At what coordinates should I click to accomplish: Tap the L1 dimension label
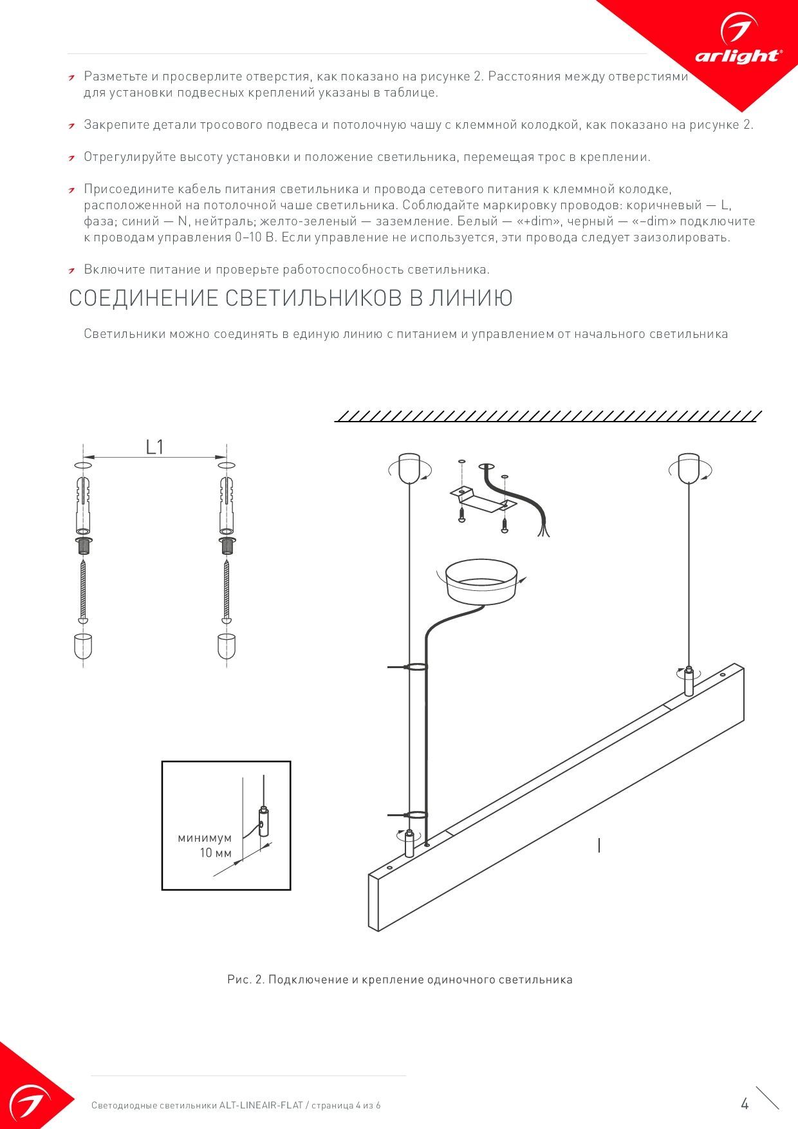coord(154,447)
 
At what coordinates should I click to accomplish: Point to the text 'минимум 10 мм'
coord(205,845)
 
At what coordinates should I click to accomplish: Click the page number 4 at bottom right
coord(745,1105)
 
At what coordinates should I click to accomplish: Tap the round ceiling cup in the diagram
coord(482,581)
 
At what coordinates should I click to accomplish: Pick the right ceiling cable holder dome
coord(688,468)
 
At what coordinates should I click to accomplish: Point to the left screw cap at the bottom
coord(83,646)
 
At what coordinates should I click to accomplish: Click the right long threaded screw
coord(227,590)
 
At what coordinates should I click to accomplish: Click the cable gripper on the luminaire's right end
coord(689,682)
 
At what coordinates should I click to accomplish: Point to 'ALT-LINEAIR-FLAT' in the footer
coord(261,1105)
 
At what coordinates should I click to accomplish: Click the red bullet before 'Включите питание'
coord(73,270)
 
